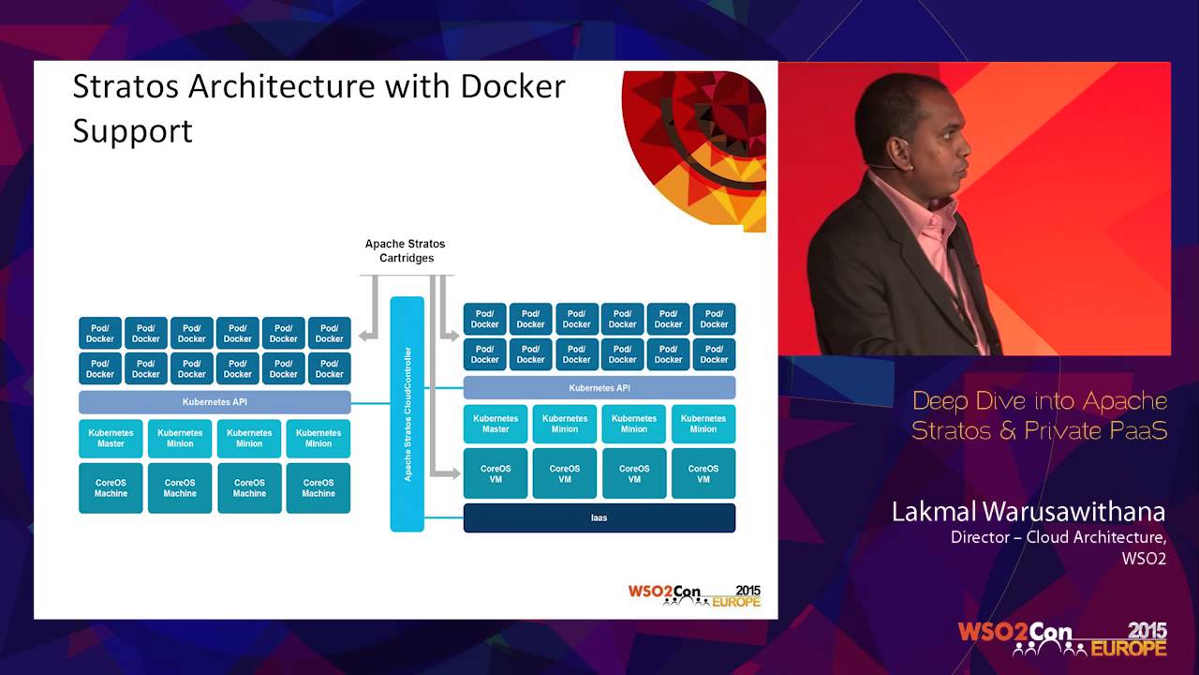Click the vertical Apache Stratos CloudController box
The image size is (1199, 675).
(x=407, y=413)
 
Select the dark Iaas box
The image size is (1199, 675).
(x=599, y=517)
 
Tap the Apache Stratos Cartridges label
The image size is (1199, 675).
(x=406, y=250)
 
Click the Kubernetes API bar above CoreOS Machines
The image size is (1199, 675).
(x=215, y=402)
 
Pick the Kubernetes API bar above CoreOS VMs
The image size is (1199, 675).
(x=599, y=387)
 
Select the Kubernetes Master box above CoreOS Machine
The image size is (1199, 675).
(x=111, y=438)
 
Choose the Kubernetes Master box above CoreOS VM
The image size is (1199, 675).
(x=496, y=424)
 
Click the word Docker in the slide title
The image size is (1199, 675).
(x=512, y=86)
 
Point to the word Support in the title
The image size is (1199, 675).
(x=132, y=130)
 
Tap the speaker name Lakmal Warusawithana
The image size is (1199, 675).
(x=1028, y=512)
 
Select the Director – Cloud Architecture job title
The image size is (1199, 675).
(x=1058, y=537)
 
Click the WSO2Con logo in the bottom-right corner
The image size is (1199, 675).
(x=1061, y=638)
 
